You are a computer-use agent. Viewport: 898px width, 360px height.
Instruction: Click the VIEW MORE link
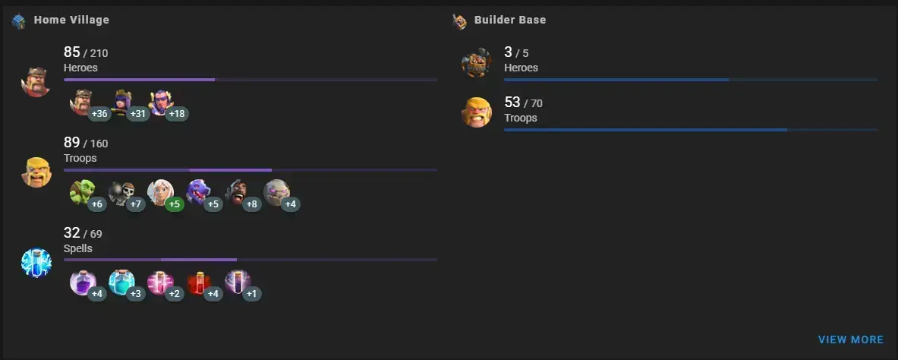click(x=850, y=340)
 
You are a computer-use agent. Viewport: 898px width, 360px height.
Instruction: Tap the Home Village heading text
click(x=71, y=20)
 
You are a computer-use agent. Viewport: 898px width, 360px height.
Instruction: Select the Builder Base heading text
click(x=509, y=20)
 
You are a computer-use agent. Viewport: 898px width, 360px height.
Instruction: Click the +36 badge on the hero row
click(x=99, y=113)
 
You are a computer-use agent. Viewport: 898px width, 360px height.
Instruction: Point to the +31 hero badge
click(x=138, y=113)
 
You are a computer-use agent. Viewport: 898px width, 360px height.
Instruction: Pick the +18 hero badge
click(x=177, y=113)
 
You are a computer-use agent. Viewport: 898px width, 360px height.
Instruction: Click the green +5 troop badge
click(x=175, y=204)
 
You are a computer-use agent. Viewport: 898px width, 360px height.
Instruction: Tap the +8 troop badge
click(x=252, y=204)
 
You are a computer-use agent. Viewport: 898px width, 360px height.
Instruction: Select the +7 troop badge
click(x=136, y=204)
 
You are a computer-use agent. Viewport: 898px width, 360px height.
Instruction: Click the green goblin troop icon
click(x=82, y=193)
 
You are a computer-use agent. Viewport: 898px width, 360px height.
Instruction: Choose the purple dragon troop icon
click(x=198, y=193)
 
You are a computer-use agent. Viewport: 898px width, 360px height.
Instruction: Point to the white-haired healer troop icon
click(x=159, y=193)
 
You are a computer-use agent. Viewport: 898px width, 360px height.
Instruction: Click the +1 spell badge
click(x=252, y=294)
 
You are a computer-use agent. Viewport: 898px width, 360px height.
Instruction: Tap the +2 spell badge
click(x=175, y=294)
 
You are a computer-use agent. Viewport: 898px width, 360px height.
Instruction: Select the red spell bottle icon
click(x=198, y=283)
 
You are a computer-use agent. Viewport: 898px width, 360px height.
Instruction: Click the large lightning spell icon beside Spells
click(x=36, y=263)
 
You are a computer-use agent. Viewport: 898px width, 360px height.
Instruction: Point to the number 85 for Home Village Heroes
click(x=71, y=52)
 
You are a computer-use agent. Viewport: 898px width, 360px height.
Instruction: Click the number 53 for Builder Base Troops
click(x=512, y=103)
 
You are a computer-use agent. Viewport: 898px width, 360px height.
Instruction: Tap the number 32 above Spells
click(x=71, y=232)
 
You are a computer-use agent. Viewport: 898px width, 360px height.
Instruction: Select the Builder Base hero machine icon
click(x=477, y=62)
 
